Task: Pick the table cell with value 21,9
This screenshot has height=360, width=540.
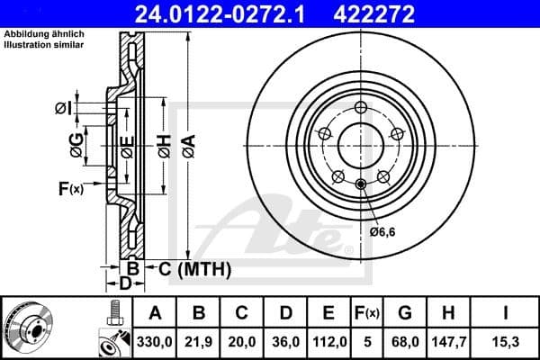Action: (x=199, y=341)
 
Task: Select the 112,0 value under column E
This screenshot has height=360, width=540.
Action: (x=328, y=341)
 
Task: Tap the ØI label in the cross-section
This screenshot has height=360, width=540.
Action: (x=62, y=108)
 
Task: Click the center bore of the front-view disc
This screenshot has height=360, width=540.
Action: (x=360, y=144)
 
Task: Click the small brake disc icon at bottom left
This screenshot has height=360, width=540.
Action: (x=29, y=328)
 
